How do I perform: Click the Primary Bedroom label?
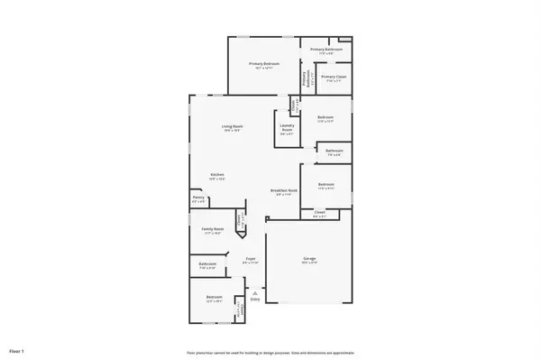pos(264,64)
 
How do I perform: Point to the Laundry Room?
pos(287,128)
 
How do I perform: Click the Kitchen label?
pos(217,175)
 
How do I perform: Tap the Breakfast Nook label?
pos(283,190)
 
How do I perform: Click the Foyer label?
pos(252,260)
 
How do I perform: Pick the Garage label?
pos(309,260)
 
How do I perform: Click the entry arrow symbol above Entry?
pos(255,292)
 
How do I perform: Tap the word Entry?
pos(255,300)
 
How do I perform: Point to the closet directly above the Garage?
pos(319,215)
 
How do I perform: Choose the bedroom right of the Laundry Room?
pos(326,118)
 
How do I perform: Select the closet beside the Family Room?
pos(240,219)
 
